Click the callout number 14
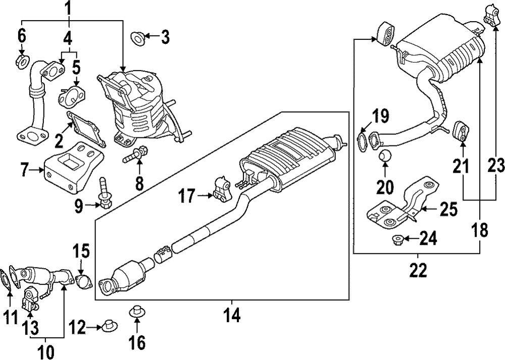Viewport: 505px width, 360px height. (232, 316)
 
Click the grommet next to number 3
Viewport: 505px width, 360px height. (136, 36)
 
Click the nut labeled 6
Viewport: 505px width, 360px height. (22, 62)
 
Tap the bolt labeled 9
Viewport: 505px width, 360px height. (105, 195)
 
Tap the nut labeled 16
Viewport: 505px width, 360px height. (136, 312)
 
